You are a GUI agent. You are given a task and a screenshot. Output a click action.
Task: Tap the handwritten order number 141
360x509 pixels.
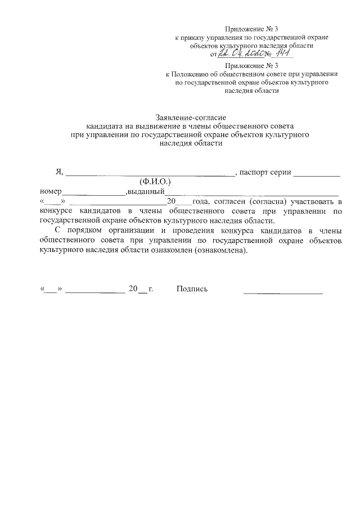point(282,53)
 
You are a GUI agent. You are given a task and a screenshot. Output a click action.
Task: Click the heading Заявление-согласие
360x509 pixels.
point(187,118)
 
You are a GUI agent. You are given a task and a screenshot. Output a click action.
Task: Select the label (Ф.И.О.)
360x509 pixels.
point(155,182)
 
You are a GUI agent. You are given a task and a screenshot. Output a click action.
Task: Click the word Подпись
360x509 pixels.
point(192,289)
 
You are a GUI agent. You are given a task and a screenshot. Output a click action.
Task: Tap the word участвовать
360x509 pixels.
point(315,201)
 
